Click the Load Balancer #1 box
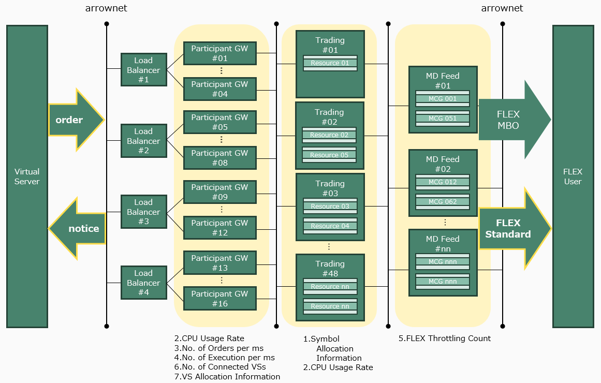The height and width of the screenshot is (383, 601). (144, 70)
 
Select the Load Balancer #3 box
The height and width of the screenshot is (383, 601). (144, 212)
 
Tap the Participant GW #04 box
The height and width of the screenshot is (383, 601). (220, 89)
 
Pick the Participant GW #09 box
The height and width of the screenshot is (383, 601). (220, 192)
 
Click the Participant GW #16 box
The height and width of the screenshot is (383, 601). (220, 298)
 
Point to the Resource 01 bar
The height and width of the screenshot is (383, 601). (330, 63)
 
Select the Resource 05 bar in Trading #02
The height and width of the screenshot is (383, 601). (329, 155)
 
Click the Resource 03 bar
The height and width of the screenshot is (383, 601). (330, 207)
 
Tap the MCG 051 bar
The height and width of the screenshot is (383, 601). (443, 119)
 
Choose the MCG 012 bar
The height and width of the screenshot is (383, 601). (443, 182)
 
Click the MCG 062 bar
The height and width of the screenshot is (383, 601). (443, 202)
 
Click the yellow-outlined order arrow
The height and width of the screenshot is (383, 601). (76, 120)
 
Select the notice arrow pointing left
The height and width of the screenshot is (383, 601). (77, 228)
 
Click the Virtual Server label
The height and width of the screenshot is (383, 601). (27, 176)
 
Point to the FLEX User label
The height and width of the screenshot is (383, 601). (573, 176)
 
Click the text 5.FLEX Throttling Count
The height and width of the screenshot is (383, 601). (445, 338)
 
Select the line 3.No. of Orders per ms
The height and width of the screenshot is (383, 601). (219, 348)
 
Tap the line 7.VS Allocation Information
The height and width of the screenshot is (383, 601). (227, 376)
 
